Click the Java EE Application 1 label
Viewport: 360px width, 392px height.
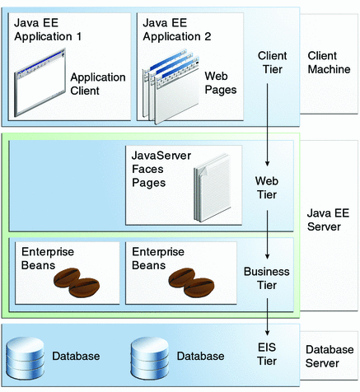coord(46,30)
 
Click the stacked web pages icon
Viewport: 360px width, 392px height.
coord(169,87)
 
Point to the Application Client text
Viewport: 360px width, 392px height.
coord(96,83)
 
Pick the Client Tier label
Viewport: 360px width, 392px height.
coord(272,62)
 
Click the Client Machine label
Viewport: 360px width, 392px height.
coord(328,62)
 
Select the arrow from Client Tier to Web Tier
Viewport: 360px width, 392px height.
coord(271,124)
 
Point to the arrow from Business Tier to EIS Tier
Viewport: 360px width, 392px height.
coord(271,315)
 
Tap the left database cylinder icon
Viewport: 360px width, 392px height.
coord(26,356)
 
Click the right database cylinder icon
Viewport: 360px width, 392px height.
coord(150,356)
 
